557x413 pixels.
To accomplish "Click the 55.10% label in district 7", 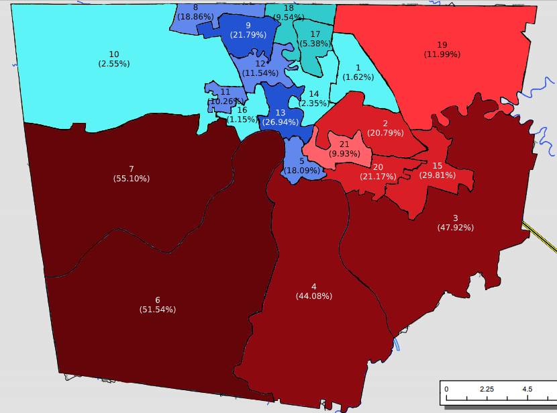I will (132, 179).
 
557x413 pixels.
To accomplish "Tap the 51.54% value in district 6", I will (157, 310).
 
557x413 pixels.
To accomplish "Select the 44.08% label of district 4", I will (313, 296).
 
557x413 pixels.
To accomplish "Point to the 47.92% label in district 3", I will (455, 228).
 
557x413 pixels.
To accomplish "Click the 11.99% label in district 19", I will (442, 54).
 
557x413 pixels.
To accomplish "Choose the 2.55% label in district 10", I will (113, 64).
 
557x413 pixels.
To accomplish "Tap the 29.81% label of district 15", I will (437, 175).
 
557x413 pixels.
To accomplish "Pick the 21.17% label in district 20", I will (378, 177).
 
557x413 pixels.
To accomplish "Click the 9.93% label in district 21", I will (344, 154).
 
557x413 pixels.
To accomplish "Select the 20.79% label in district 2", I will (385, 133).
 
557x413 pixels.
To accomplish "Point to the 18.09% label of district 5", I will (302, 171).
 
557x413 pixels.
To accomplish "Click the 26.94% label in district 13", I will (281, 122).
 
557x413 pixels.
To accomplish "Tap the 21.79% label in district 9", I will (248, 35).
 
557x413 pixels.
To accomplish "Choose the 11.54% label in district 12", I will (260, 73).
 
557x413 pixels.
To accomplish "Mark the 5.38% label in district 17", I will (315, 44).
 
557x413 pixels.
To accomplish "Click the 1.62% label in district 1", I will (358, 77).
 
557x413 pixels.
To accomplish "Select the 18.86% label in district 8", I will (195, 17).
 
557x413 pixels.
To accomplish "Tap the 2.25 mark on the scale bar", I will (487, 389).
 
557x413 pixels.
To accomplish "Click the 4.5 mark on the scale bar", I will (527, 389).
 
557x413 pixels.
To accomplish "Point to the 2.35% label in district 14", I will (313, 103).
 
